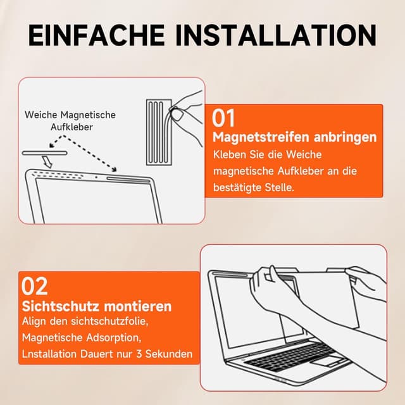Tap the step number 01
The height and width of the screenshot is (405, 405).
tap(223, 118)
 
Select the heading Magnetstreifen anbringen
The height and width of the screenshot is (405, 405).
tap(295, 137)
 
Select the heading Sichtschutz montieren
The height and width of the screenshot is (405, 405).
tap(97, 306)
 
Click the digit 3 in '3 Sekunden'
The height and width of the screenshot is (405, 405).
tap(144, 354)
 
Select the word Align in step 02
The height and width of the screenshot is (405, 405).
tap(35, 323)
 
